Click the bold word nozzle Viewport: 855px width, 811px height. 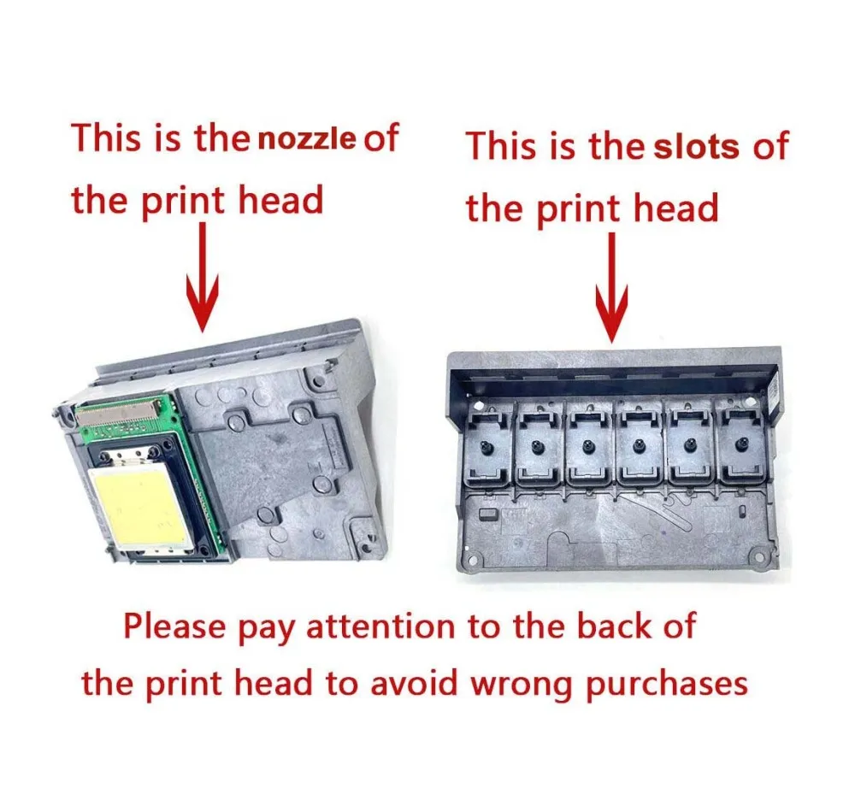click(x=307, y=139)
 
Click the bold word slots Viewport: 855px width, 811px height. click(x=696, y=147)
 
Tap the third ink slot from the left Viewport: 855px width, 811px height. click(x=588, y=444)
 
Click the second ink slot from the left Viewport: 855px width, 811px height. click(x=538, y=444)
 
